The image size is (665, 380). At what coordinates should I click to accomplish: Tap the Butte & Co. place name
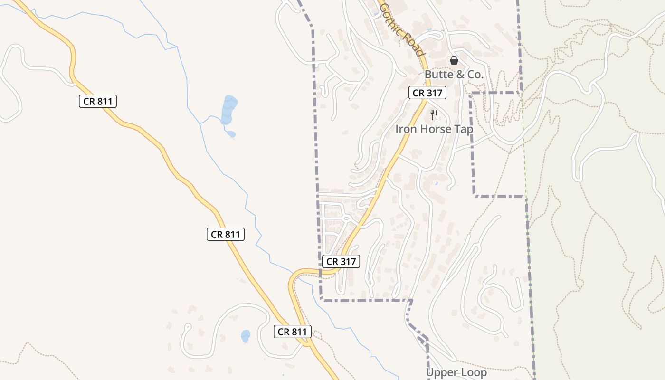454,75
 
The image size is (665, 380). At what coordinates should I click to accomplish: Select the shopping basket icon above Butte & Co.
454,60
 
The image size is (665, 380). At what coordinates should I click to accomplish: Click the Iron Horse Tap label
434,129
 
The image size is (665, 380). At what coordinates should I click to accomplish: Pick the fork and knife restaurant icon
434,114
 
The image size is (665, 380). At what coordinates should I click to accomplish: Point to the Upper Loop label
456,372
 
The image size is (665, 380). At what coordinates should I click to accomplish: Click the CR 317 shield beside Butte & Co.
427,93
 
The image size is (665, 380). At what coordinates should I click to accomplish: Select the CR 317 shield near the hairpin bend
341,261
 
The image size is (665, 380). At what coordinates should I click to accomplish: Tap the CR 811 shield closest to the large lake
98,101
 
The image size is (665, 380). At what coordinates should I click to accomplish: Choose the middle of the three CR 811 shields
226,234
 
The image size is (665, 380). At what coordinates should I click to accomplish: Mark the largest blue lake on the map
228,110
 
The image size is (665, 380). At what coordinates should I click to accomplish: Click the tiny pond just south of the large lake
231,134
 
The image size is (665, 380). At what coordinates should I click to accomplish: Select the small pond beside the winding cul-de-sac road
245,336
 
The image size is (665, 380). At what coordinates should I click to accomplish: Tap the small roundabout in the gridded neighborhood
347,218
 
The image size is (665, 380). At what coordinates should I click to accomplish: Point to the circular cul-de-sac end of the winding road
187,327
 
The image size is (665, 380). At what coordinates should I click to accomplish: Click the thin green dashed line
528,237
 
